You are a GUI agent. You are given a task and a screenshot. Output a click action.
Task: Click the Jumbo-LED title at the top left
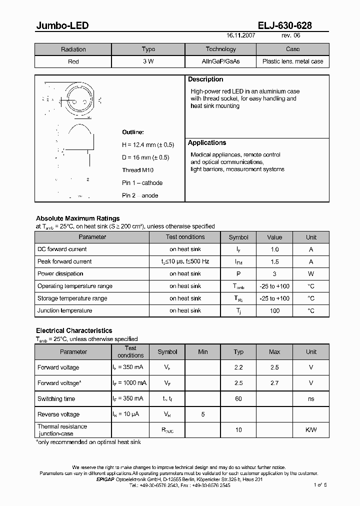point(62,26)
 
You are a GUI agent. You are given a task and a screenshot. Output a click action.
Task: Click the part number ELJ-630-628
point(284,26)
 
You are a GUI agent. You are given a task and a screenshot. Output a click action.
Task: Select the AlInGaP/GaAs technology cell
point(220,61)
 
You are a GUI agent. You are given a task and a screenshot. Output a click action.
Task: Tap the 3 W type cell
point(148,61)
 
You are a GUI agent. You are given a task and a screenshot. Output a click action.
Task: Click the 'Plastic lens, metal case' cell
point(292,61)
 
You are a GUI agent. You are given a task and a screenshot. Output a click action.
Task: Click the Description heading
point(205,79)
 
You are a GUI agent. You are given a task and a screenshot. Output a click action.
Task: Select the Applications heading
point(207,143)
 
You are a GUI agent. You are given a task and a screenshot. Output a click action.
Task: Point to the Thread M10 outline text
point(137,170)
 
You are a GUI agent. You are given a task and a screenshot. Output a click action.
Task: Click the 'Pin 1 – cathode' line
point(142,183)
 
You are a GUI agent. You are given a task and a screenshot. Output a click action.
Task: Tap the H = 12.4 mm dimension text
point(148,144)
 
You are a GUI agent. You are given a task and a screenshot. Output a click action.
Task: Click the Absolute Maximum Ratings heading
point(78,218)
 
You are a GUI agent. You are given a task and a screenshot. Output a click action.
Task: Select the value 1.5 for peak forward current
point(274,261)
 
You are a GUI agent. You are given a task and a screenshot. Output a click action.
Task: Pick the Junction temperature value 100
point(274,310)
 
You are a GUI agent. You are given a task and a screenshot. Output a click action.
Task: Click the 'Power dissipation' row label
point(60,273)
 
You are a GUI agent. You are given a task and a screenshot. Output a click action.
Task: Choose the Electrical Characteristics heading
point(74,330)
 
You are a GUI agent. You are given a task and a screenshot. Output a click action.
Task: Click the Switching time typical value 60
point(238,399)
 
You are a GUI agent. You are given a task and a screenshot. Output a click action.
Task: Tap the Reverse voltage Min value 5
point(203,414)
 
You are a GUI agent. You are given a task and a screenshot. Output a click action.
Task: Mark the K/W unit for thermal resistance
point(311,430)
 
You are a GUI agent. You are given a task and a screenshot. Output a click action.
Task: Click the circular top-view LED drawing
point(78,99)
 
